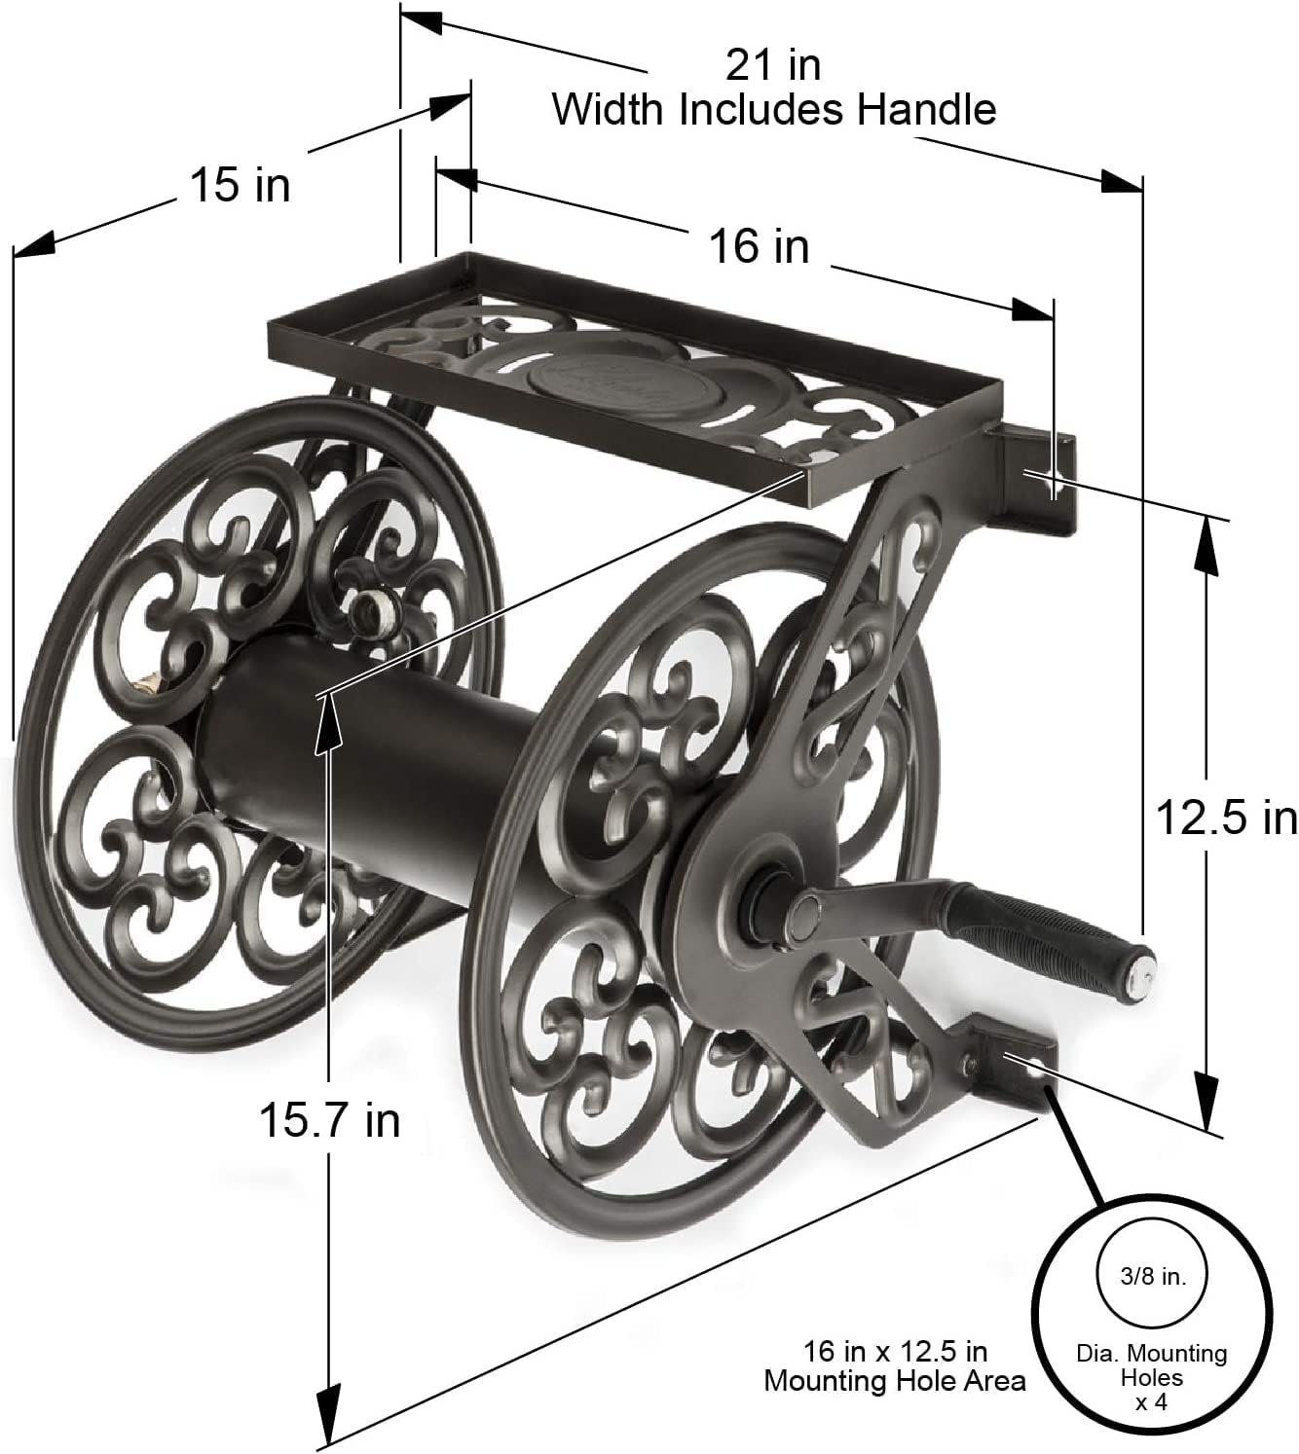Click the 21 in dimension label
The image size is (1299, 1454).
point(773,65)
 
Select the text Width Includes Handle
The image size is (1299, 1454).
point(774,109)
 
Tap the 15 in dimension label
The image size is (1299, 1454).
point(240,184)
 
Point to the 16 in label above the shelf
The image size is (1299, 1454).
point(759,245)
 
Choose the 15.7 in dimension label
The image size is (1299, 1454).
point(329,1119)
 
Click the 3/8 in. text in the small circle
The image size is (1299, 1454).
point(1152,1276)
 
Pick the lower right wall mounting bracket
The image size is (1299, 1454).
point(1018,1065)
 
